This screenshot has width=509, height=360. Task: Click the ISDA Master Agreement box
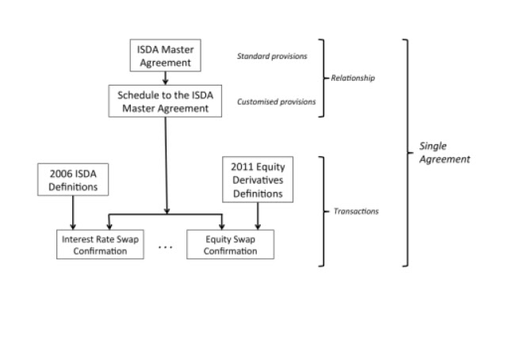click(x=165, y=56)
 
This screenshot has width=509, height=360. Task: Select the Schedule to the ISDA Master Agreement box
click(x=165, y=101)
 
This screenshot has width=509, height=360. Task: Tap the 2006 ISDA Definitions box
click(x=73, y=179)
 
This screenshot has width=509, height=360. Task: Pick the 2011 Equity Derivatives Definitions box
click(x=258, y=179)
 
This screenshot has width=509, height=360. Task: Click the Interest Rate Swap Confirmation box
click(x=100, y=244)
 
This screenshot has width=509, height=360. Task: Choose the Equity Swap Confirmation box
click(x=230, y=244)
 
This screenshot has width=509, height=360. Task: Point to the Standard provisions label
click(x=272, y=56)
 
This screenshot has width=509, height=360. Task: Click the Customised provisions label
click(x=276, y=101)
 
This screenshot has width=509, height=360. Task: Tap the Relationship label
click(x=353, y=78)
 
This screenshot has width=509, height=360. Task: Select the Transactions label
click(x=356, y=212)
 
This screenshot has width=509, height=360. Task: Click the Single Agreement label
click(x=445, y=152)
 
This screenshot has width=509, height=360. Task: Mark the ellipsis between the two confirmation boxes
click(x=165, y=247)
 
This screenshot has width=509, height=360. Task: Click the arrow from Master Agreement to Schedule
click(x=165, y=79)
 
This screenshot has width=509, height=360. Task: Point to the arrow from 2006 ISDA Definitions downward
click(x=73, y=213)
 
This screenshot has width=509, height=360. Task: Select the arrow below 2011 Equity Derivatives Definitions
click(x=258, y=216)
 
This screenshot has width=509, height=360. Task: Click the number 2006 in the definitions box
click(x=59, y=174)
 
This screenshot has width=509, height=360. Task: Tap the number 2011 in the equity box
click(x=240, y=167)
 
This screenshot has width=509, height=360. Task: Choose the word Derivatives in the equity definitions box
click(x=258, y=180)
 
